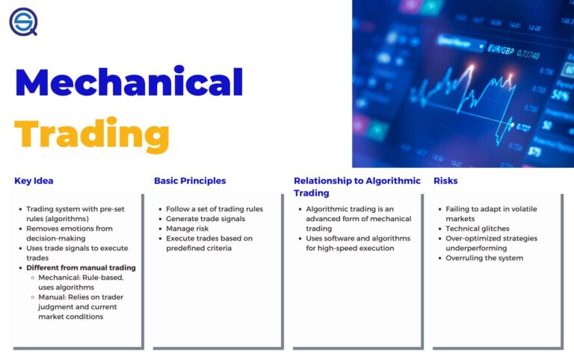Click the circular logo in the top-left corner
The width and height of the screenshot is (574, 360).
click(x=23, y=21)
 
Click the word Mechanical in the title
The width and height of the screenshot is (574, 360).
click(x=129, y=82)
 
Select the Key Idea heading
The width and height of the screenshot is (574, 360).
click(x=34, y=181)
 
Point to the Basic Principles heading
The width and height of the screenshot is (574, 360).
click(x=190, y=181)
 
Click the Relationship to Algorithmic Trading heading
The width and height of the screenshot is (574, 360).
click(x=357, y=187)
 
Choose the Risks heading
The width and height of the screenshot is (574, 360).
click(x=445, y=181)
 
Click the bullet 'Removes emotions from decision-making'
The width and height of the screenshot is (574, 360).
click(x=70, y=233)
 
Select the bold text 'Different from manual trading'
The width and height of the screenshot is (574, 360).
click(x=81, y=267)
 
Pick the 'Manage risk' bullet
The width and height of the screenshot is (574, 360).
click(x=188, y=229)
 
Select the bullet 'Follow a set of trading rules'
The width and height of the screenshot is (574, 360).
click(x=215, y=209)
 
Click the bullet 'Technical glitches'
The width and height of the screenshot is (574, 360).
click(x=478, y=229)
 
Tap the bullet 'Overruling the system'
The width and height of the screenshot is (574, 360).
click(x=484, y=258)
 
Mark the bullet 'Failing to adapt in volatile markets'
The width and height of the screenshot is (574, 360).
click(x=491, y=214)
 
